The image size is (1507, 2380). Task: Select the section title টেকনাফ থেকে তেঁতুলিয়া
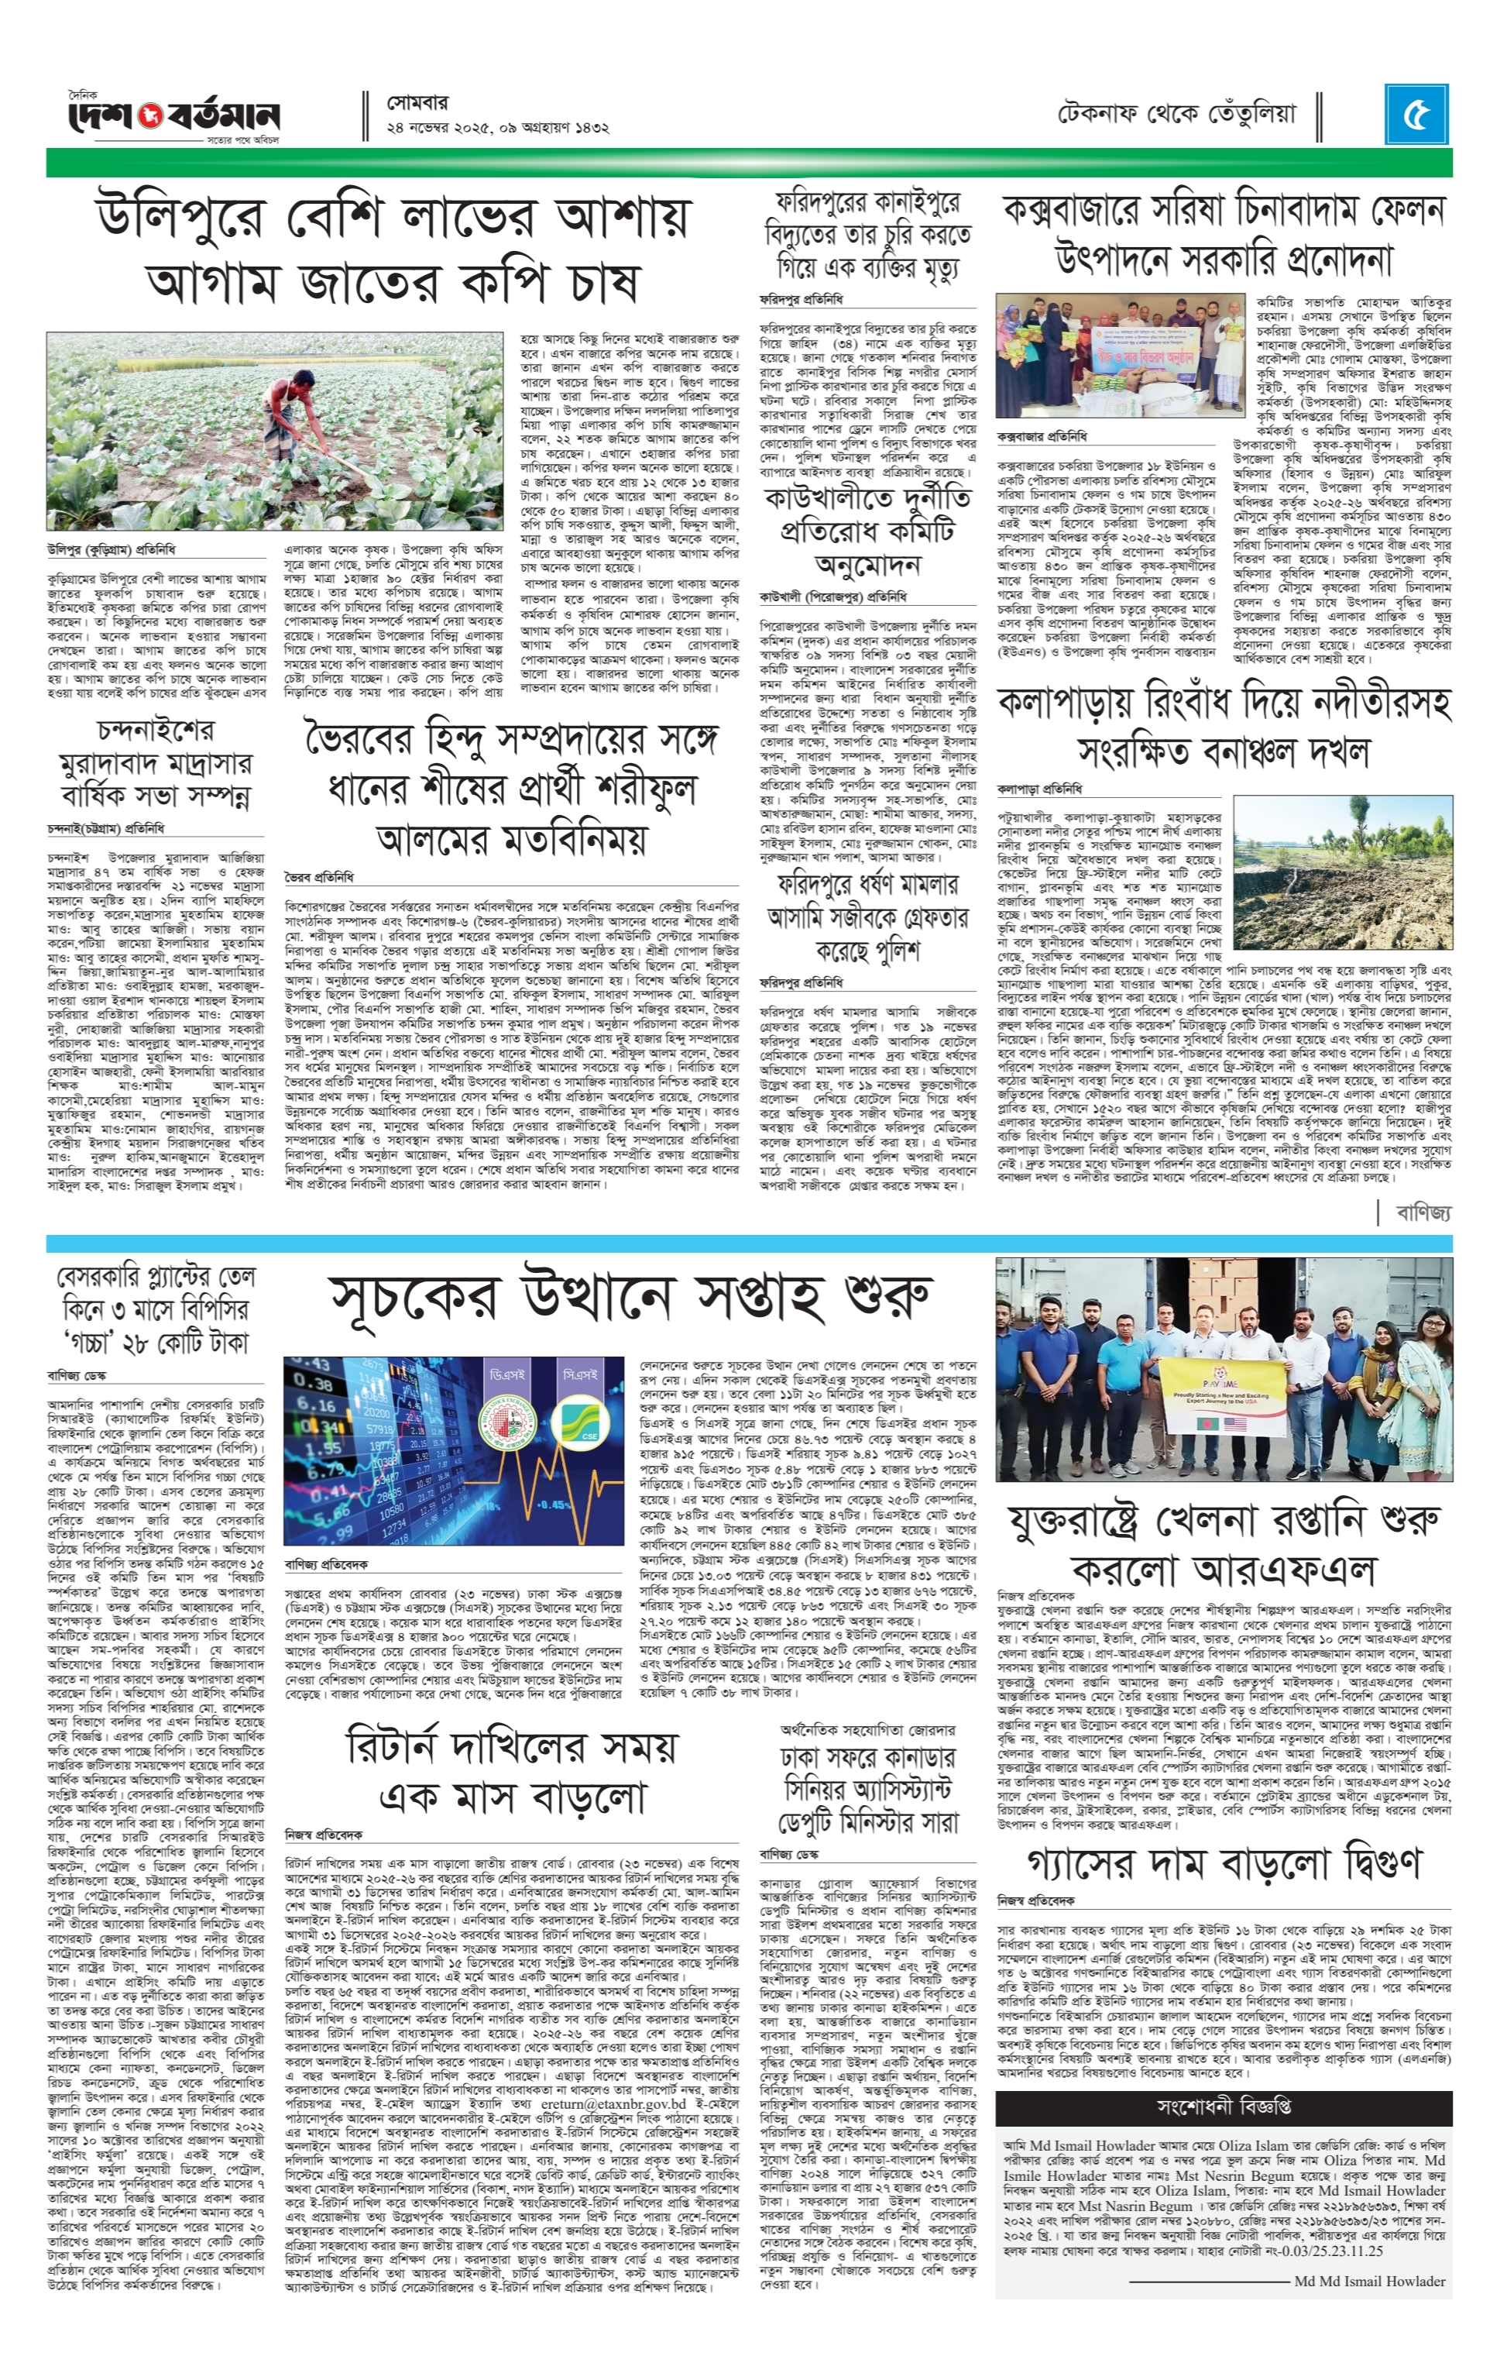(x=1176, y=114)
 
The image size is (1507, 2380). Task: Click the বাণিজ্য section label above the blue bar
(x=1424, y=1212)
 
